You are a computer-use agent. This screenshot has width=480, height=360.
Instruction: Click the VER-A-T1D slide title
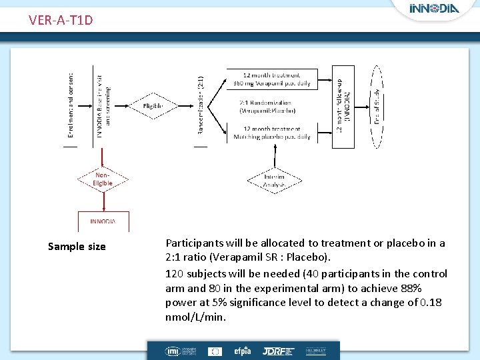point(61,20)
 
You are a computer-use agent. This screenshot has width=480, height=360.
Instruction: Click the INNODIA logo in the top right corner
point(433,9)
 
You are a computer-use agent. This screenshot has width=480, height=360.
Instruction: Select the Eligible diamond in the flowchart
point(153,106)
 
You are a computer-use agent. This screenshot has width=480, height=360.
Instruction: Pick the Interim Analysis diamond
point(275,180)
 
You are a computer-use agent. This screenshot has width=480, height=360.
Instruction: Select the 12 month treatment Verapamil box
point(271,79)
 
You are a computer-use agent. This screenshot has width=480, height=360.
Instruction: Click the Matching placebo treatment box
point(271,133)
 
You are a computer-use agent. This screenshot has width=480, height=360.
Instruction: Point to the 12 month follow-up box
point(343,105)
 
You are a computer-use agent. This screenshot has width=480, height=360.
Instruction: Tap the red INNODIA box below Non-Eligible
point(103,221)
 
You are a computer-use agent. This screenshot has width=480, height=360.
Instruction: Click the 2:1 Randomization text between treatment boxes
point(267,106)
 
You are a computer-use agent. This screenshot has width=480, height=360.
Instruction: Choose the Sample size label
point(77,247)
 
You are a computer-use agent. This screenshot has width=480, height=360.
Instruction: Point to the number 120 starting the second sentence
point(174,273)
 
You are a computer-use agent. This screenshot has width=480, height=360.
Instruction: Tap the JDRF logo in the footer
point(274,351)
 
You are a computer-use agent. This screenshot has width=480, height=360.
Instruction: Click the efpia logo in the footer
point(241,351)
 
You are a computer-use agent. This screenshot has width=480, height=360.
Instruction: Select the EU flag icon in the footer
point(215,351)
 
